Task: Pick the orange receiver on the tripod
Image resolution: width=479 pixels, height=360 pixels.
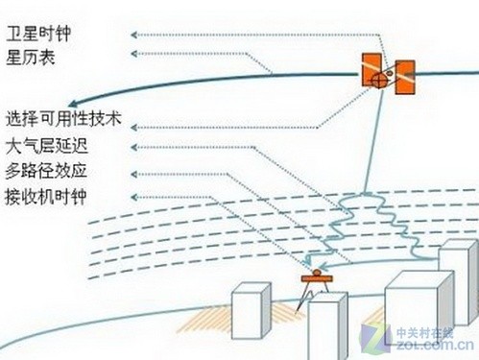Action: click(x=312, y=278)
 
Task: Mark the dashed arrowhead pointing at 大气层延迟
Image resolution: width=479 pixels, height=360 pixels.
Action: click(x=133, y=148)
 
